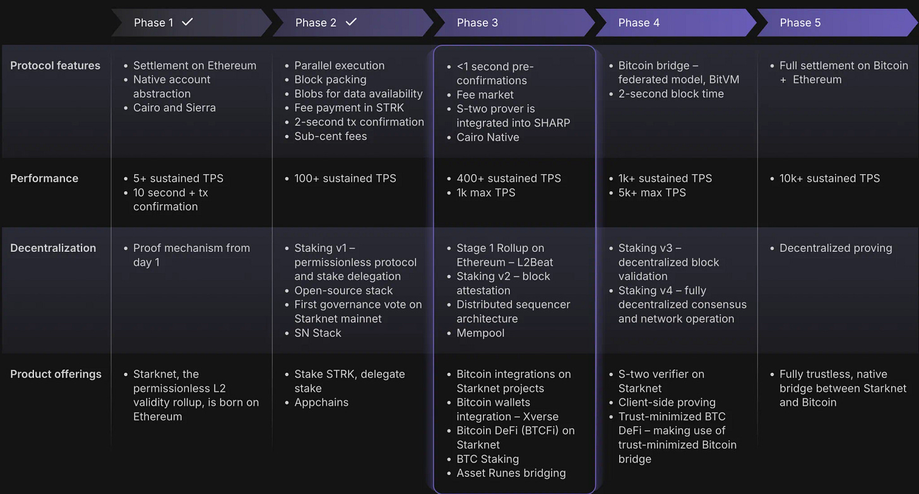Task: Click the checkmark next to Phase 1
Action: [187, 22]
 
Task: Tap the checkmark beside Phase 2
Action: [351, 22]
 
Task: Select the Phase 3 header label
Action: [477, 23]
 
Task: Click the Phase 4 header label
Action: [639, 23]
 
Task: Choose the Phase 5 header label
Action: [800, 23]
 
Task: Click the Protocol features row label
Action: [55, 66]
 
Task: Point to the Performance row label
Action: [44, 179]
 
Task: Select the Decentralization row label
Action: [53, 248]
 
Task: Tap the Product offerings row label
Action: [56, 374]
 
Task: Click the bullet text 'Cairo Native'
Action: [488, 137]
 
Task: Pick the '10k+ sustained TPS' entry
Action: [829, 179]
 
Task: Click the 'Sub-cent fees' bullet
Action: [330, 136]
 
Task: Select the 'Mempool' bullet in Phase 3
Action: [480, 333]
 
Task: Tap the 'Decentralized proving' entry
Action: [836, 248]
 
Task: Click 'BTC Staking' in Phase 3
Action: [487, 459]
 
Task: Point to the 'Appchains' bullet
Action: [321, 403]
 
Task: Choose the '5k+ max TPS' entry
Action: [652, 192]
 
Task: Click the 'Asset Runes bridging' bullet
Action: [511, 473]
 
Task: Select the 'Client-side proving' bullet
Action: [667, 403]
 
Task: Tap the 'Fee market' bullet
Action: [485, 95]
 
